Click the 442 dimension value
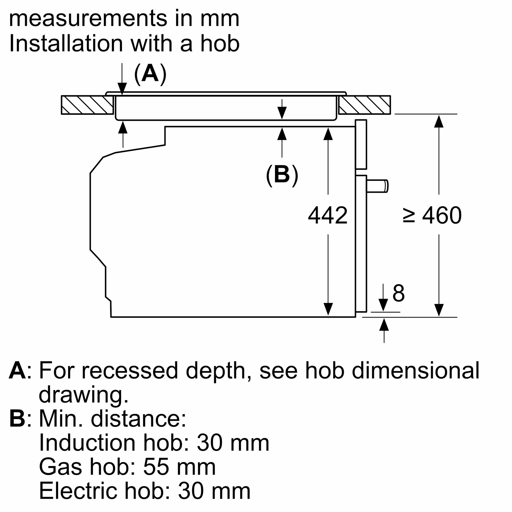tap(328, 215)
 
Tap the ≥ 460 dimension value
tap(432, 215)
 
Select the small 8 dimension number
tap(399, 293)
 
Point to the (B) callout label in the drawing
tap(282, 175)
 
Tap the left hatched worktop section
tap(87, 105)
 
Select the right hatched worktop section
tap(365, 105)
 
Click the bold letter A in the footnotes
tap(17, 370)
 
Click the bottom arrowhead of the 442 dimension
tap(328, 309)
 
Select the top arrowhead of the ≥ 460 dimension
tap(439, 121)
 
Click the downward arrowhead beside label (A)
tap(122, 89)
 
